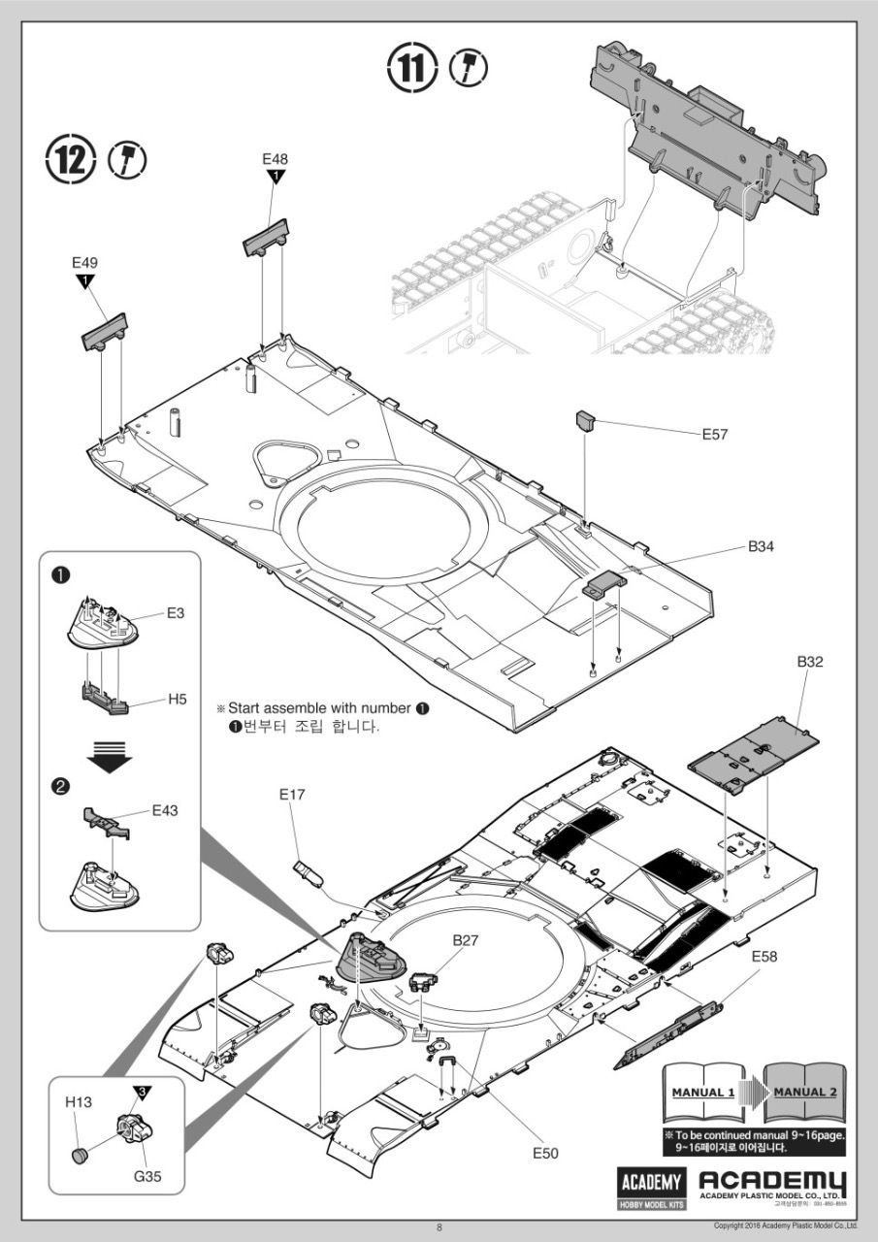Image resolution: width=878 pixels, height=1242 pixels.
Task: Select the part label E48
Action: click(276, 158)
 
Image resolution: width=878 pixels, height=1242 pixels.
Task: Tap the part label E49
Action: click(85, 263)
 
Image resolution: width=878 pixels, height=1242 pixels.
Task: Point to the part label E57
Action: click(715, 434)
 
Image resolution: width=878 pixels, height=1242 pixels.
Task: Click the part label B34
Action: click(761, 547)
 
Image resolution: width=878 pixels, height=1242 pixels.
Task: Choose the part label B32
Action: click(810, 663)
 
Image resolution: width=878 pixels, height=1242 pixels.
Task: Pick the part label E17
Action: click(292, 795)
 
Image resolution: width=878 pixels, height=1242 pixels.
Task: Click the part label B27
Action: click(467, 940)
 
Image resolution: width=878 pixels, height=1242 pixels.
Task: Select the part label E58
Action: click(764, 957)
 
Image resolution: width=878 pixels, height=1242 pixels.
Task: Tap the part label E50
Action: click(546, 1153)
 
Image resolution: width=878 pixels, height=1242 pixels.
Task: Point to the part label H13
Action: click(78, 1102)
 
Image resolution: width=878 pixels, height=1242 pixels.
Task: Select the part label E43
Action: click(166, 809)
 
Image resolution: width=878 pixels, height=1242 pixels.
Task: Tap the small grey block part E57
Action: click(584, 423)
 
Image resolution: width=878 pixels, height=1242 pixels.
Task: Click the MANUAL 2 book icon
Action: click(803, 1093)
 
